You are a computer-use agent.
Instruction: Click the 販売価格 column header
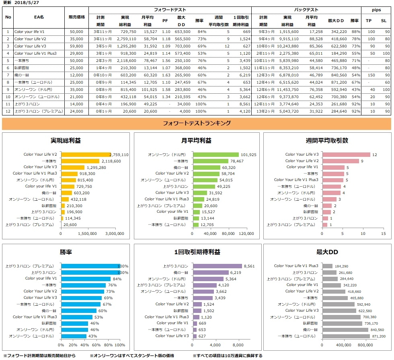pos(76,17)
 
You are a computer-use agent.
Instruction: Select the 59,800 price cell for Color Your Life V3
pos(76,46)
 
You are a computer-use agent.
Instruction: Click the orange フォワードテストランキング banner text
pos(197,123)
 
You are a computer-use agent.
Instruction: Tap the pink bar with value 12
pos(347,154)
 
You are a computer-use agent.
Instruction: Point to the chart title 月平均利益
pos(197,141)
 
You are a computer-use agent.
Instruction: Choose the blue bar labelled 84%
pos(86,278)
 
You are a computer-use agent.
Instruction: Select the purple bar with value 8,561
pos(217,266)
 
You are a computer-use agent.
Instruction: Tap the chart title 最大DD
pos(327,252)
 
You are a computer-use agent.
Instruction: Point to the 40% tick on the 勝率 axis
pos(84,345)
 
